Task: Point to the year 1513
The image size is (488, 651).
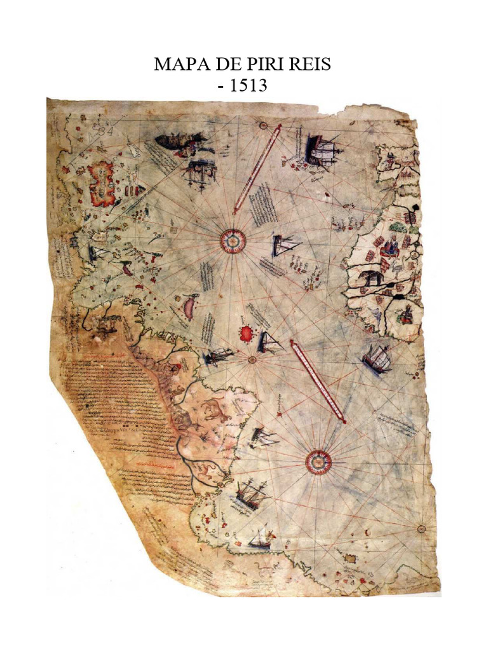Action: [249, 85]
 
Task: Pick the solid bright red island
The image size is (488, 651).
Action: [246, 333]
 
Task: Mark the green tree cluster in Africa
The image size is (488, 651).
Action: [398, 226]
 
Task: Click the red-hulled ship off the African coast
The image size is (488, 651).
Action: [377, 360]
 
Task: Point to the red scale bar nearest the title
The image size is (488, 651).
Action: [257, 168]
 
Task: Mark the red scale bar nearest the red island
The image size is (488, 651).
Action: [317, 381]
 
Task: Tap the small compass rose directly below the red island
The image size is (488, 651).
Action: [252, 359]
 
